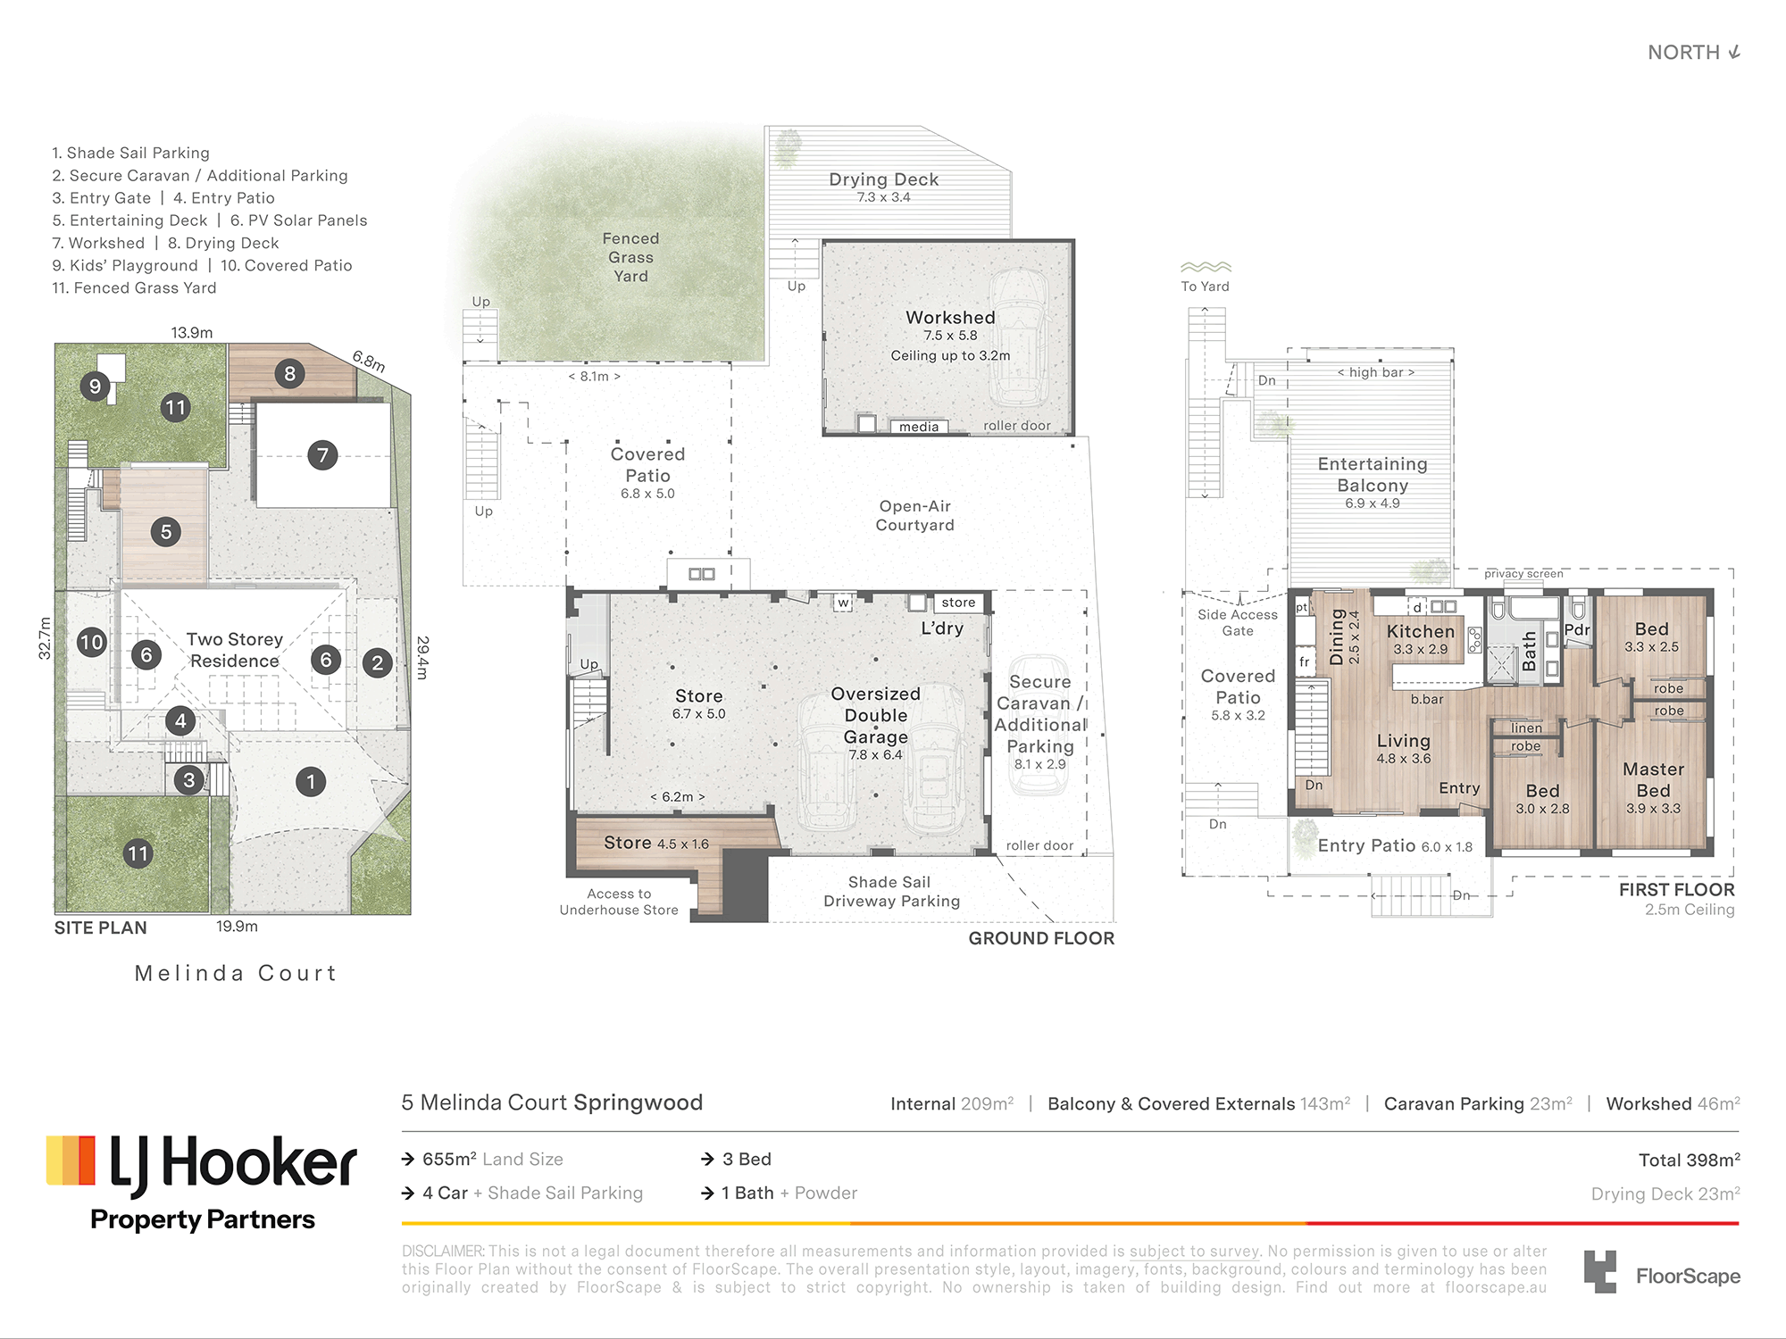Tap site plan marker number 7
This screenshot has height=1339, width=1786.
(322, 455)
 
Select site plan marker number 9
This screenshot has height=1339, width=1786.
(95, 387)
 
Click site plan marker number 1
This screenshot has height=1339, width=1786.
(311, 782)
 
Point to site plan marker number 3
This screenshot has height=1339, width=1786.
(188, 780)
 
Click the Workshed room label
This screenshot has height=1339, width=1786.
(950, 318)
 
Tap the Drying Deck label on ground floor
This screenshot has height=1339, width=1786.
(883, 179)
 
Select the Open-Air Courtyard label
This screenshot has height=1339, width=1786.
(914, 516)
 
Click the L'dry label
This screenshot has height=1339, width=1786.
(942, 628)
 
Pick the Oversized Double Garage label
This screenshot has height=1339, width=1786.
(875, 715)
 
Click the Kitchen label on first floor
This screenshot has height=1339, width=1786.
(1421, 631)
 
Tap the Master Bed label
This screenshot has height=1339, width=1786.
(1653, 779)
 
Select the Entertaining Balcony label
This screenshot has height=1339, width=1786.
(1373, 475)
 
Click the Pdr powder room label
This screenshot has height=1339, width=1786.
(1577, 629)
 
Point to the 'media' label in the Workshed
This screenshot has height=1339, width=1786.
(919, 427)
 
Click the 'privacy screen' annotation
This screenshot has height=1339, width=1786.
(1523, 574)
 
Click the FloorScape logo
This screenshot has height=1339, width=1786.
(1662, 1273)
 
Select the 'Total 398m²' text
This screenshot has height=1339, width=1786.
(1689, 1160)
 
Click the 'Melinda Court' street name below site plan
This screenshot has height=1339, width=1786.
(236, 973)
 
